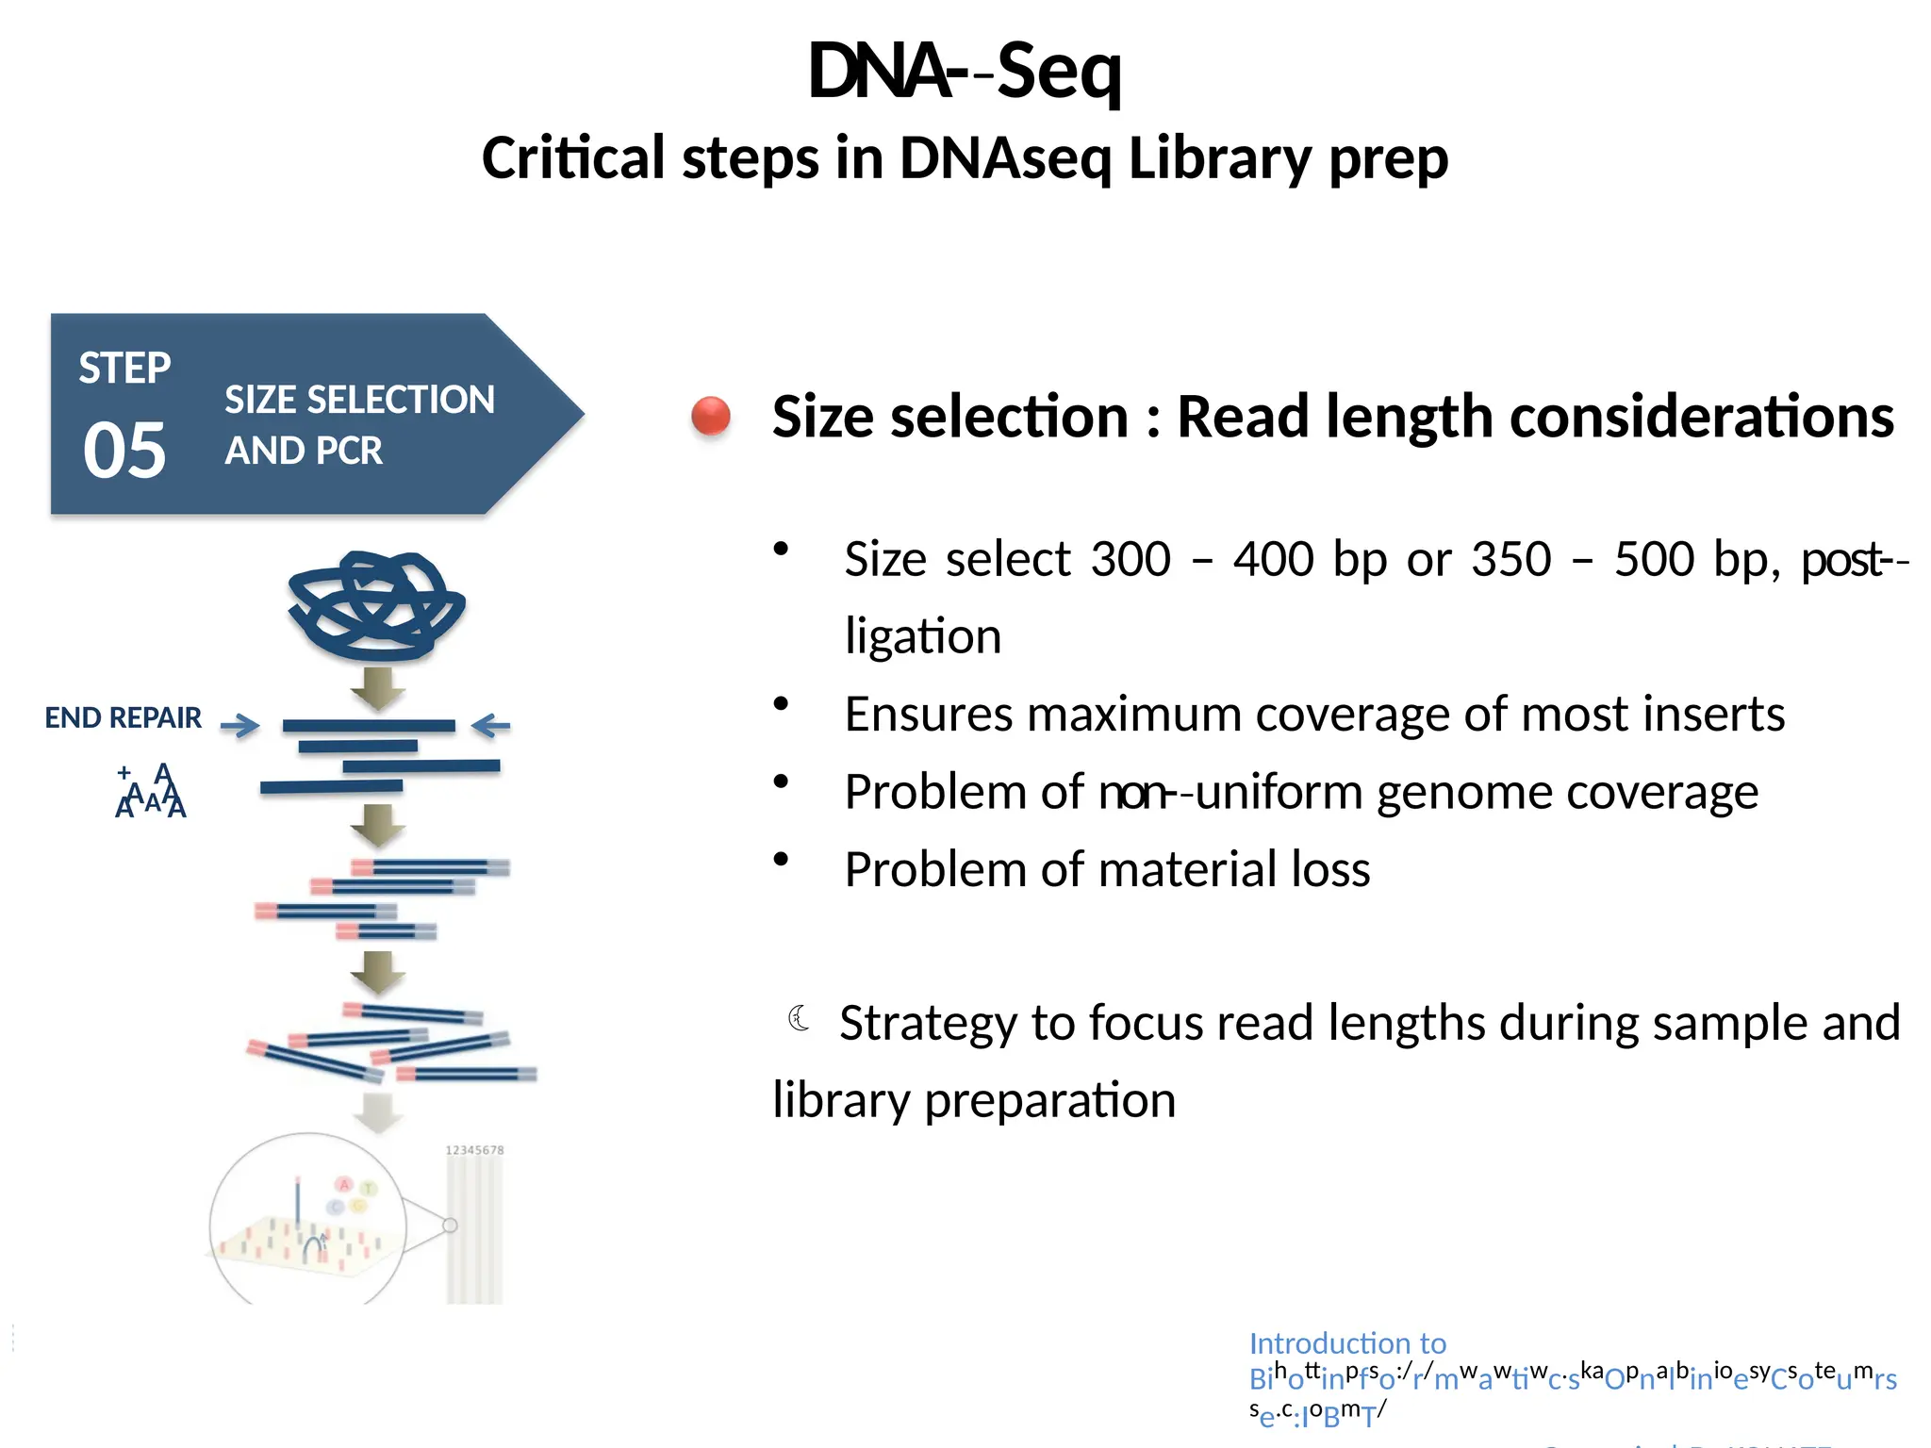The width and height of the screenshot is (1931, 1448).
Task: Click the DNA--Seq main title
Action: [964, 72]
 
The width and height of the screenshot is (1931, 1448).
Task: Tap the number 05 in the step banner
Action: [124, 450]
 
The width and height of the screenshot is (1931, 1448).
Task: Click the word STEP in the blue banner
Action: [124, 368]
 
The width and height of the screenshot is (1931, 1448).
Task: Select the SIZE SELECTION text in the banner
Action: [359, 401]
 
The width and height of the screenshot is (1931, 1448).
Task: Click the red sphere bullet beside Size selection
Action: [711, 416]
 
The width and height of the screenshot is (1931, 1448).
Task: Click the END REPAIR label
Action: [123, 718]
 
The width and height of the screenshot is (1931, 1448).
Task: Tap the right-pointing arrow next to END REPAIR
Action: [240, 725]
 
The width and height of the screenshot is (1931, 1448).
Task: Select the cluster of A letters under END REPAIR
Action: [151, 792]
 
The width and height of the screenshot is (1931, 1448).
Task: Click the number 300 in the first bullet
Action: [1131, 559]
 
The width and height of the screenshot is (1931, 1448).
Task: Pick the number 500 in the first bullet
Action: [1654, 559]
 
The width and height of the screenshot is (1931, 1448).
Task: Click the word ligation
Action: [922, 636]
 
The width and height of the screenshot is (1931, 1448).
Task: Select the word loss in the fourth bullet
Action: [1330, 869]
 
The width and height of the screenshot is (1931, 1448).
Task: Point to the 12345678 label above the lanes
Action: [474, 1150]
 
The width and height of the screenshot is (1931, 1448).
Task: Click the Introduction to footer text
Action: [1346, 1342]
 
